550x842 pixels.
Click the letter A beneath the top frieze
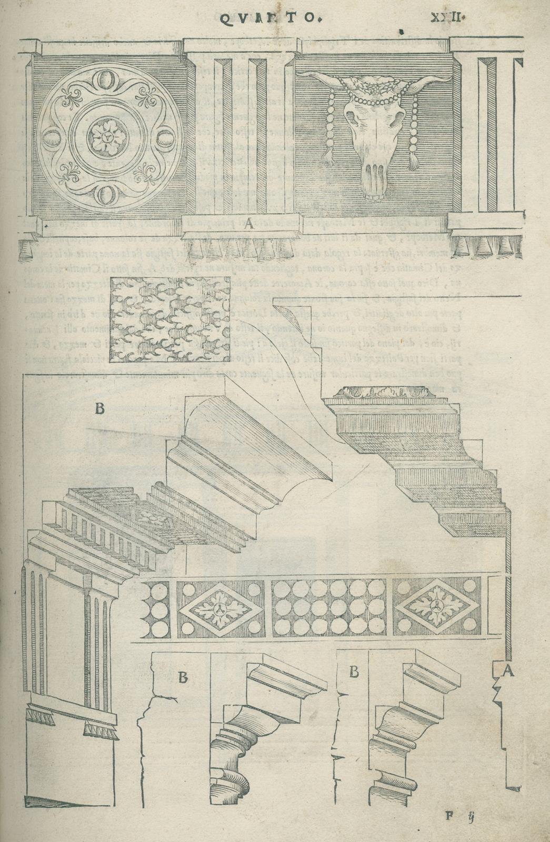click(x=248, y=224)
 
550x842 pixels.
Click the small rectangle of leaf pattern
click(x=170, y=319)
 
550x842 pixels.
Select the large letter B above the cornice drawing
click(x=99, y=409)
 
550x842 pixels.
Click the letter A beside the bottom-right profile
click(x=507, y=670)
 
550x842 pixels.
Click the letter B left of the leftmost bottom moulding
click(x=182, y=677)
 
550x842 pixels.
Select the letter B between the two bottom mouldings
click(x=354, y=671)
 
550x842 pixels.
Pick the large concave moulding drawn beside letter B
click(x=247, y=447)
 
